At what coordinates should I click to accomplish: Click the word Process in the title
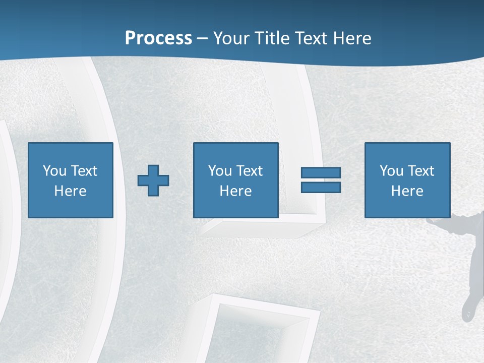(158, 38)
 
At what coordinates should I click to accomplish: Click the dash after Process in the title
(202, 39)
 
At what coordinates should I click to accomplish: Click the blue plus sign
(153, 180)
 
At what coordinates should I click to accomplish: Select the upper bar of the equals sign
(321, 172)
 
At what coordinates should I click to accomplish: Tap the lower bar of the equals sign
(321, 187)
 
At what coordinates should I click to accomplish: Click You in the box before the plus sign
(54, 170)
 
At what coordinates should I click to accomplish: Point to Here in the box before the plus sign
(70, 191)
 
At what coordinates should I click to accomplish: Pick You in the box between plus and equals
(220, 170)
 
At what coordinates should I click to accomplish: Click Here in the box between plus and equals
(235, 191)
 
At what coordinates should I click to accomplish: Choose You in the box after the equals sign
(391, 170)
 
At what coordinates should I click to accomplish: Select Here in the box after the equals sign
(407, 191)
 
